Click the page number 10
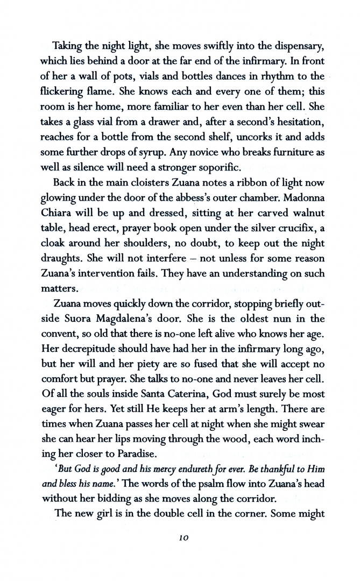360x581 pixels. pyautogui.click(x=180, y=539)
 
